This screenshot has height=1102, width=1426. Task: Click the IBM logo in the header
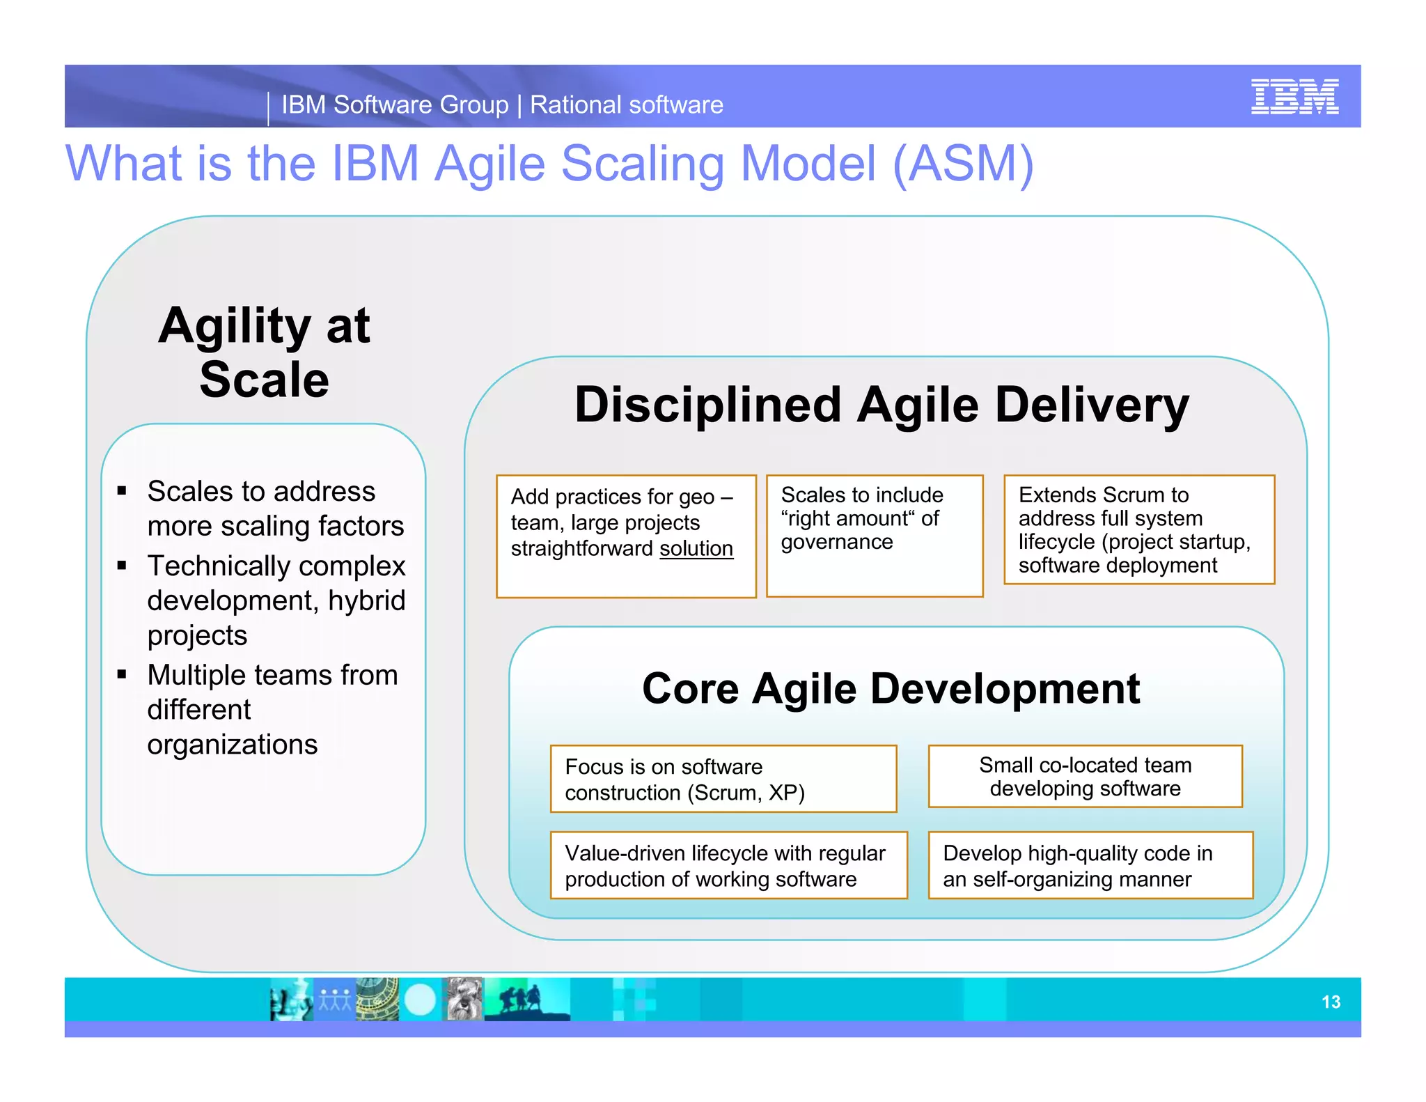[x=1294, y=97]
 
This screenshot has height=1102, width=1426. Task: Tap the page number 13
[x=1330, y=1002]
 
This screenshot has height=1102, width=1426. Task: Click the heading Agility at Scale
[x=264, y=352]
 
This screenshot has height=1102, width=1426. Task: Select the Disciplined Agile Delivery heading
[x=881, y=405]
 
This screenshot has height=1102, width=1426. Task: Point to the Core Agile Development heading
[x=890, y=689]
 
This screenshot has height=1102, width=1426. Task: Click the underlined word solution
[x=696, y=549]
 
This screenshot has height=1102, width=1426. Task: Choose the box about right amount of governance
[x=874, y=535]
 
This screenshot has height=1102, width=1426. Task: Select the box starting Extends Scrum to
[x=1138, y=529]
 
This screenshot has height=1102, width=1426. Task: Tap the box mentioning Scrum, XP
[x=723, y=779]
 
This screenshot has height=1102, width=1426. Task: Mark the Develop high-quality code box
[x=1090, y=865]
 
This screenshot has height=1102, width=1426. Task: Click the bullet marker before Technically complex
[x=123, y=566]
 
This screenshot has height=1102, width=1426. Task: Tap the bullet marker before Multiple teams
[x=123, y=674]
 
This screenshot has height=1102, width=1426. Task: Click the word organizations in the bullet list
[x=233, y=745]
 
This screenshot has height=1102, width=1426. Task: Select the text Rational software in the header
[x=626, y=105]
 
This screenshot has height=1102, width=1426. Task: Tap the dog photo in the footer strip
[x=464, y=1000]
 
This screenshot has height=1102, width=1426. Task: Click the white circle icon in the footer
[x=420, y=1000]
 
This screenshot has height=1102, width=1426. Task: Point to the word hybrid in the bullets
[x=366, y=600]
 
